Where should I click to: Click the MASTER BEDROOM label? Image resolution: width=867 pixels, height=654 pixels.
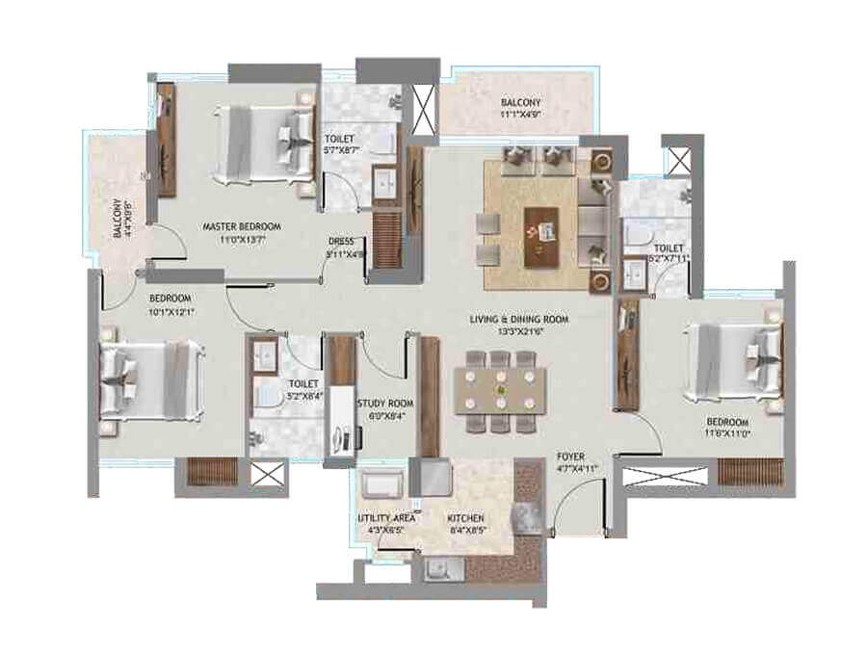(x=242, y=226)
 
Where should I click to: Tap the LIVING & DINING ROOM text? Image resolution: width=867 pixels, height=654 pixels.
(x=519, y=319)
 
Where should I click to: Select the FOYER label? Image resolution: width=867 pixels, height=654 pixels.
(x=571, y=458)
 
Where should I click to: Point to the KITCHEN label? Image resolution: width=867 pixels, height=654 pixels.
(x=464, y=517)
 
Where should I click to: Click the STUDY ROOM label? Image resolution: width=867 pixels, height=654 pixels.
(x=384, y=404)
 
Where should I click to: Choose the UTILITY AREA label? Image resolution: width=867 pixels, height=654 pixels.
(x=386, y=517)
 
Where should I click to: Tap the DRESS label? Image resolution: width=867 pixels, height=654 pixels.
(x=341, y=242)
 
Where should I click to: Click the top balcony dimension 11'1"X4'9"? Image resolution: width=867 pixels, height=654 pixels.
(x=520, y=115)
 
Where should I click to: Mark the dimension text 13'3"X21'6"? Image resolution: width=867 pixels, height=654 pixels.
(x=519, y=331)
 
